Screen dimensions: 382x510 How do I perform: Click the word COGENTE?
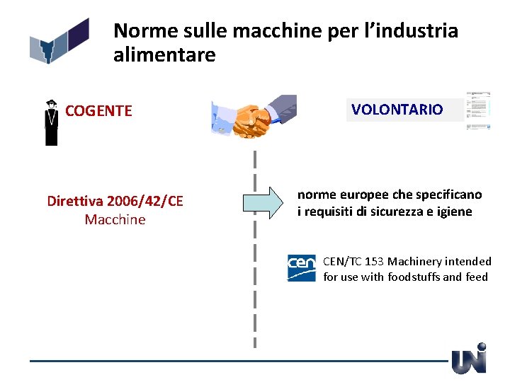click(98, 111)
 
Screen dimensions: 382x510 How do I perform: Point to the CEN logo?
click(302, 267)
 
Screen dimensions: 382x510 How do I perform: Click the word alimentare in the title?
click(164, 55)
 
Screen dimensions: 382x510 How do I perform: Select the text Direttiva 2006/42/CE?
click(115, 202)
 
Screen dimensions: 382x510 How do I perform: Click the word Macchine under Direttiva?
click(115, 220)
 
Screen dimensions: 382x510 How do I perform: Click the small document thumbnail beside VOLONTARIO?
click(478, 111)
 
